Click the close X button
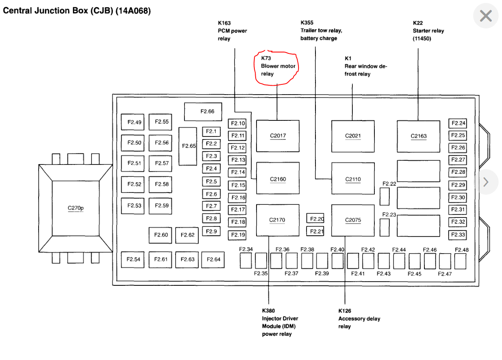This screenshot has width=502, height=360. pos(485,16)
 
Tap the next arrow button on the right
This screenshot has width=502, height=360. pos(486,182)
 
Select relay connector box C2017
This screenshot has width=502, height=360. pos(278,136)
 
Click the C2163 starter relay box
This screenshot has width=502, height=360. pos(418,136)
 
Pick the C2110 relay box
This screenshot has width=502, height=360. pos(353,179)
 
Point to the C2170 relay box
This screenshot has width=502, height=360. pos(277,220)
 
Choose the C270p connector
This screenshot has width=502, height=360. pos(76,208)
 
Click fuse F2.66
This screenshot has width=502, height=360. pos(207,112)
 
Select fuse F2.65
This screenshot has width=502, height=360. pos(188,146)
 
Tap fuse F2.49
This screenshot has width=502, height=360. pos(134,122)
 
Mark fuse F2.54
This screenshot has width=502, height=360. pos(134,259)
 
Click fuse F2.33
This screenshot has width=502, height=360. pos(457,234)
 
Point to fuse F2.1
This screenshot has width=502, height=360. pos(211,131)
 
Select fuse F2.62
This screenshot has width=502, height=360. pos(187,235)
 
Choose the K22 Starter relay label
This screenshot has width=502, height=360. pos(428,31)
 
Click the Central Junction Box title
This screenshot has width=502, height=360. pos(77,11)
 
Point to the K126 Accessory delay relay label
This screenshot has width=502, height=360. pos(359,318)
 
